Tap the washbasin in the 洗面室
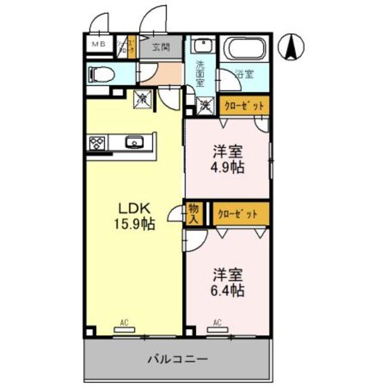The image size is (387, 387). coord(202,47)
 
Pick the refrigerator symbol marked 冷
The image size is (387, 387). coord(143,97)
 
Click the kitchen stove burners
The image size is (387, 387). coord(97,143)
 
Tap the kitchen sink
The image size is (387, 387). coord(134,143)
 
